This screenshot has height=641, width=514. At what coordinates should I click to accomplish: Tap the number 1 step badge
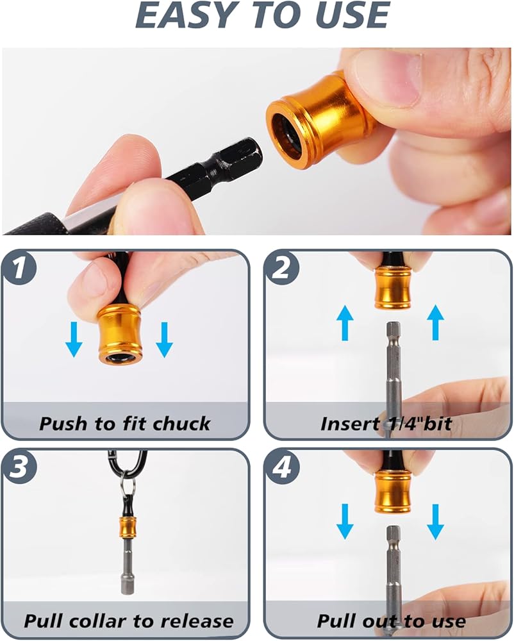(x=19, y=269)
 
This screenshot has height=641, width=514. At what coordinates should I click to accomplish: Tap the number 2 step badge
(x=281, y=269)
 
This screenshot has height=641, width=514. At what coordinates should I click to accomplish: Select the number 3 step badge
(x=19, y=467)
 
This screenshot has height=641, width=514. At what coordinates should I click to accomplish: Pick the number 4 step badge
(x=281, y=467)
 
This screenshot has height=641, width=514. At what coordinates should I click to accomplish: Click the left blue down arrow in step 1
(x=74, y=339)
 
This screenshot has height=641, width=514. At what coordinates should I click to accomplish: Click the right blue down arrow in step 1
(x=164, y=339)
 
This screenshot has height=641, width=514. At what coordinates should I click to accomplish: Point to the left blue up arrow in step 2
(x=345, y=323)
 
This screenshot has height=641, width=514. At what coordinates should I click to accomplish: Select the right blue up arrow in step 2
(x=436, y=323)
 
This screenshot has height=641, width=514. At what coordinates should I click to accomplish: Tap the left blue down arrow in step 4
(x=345, y=522)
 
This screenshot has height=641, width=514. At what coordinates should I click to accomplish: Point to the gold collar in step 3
(x=127, y=527)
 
